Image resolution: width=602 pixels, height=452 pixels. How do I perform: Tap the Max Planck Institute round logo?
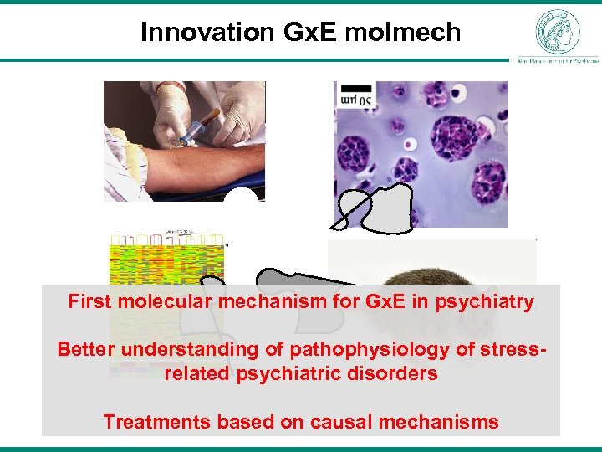click(557, 32)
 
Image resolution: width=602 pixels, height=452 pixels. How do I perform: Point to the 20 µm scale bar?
click(355, 95)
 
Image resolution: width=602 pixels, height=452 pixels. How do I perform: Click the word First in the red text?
click(89, 301)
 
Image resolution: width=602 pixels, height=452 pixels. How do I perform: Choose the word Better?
click(86, 348)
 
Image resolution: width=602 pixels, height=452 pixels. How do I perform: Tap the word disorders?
click(395, 373)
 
